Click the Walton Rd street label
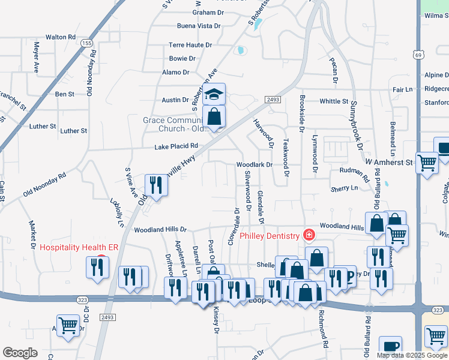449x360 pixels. click(x=60, y=37)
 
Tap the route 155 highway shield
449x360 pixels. click(x=87, y=43)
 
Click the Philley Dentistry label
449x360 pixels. click(x=270, y=236)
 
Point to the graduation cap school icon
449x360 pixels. click(x=214, y=95)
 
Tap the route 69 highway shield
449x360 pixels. click(x=418, y=55)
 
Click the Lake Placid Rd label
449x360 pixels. click(x=176, y=146)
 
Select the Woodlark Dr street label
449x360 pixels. click(x=254, y=164)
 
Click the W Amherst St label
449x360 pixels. click(x=389, y=162)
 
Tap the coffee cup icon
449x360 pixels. click(x=391, y=347)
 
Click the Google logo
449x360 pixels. click(x=19, y=353)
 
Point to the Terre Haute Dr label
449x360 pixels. click(x=190, y=45)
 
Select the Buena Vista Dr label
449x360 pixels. click(x=199, y=26)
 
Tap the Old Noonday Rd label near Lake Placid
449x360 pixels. click(x=44, y=186)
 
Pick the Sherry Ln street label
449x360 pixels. click(x=344, y=188)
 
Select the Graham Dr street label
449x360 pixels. click(x=207, y=12)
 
